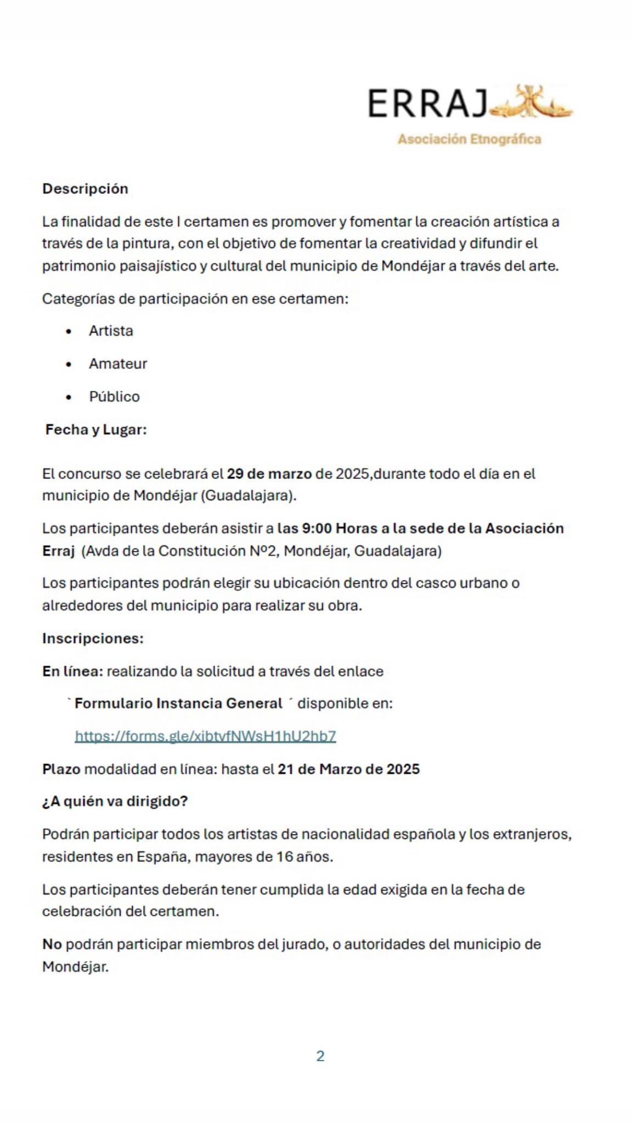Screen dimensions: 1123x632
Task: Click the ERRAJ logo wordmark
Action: (427, 104)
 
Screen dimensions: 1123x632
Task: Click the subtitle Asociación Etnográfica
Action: (470, 139)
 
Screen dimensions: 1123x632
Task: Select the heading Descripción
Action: (85, 189)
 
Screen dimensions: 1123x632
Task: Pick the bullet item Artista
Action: (111, 331)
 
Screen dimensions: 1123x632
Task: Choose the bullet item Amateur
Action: (118, 364)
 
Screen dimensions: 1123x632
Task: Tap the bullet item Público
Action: (114, 396)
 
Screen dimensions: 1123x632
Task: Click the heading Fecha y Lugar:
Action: (96, 429)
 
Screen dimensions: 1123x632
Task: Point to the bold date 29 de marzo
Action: (269, 474)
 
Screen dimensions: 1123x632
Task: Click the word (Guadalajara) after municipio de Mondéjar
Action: (249, 496)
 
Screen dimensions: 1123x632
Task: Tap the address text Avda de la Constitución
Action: (165, 551)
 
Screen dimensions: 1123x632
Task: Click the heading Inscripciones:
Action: (93, 638)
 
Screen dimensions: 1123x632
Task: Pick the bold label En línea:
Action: (72, 671)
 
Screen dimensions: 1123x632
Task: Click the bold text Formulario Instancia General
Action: (178, 704)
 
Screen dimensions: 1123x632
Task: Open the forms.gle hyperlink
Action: (205, 736)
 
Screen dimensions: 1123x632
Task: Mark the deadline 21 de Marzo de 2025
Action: (348, 769)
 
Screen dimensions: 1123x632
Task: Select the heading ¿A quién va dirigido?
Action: (115, 801)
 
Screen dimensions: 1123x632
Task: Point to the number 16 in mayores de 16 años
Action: (284, 857)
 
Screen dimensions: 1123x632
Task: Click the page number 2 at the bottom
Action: (320, 1056)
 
